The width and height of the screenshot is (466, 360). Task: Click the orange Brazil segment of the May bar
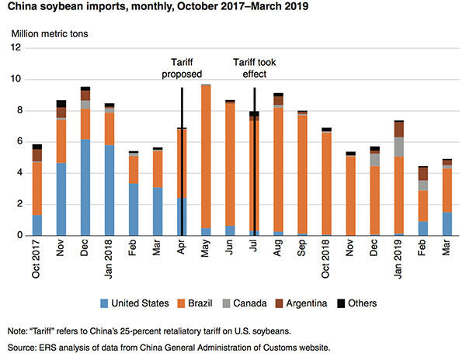[x=206, y=155]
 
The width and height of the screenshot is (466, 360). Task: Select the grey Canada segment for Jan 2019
[x=398, y=147]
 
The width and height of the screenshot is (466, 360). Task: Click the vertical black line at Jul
[x=255, y=155]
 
